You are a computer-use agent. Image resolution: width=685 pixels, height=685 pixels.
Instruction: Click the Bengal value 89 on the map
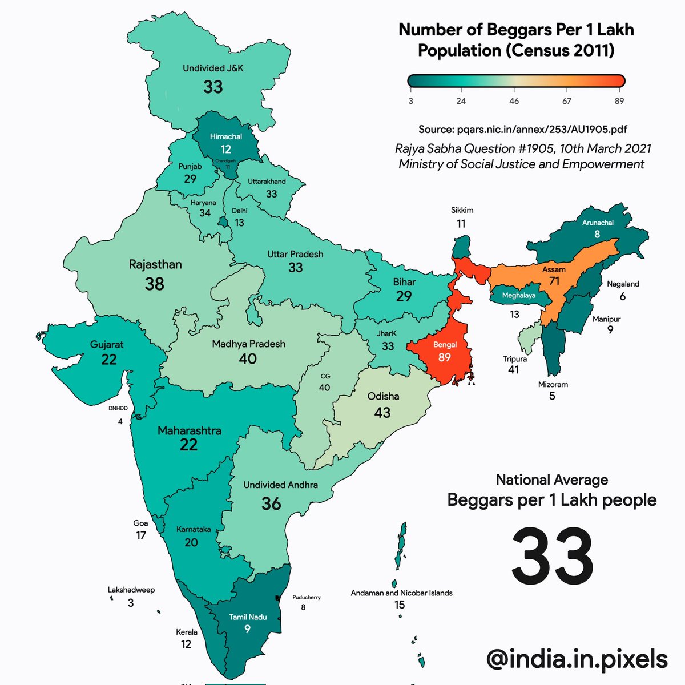(444, 357)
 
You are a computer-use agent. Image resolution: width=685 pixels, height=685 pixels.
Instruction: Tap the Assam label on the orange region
(554, 269)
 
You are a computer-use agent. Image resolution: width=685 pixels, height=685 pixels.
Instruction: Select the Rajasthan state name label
(155, 264)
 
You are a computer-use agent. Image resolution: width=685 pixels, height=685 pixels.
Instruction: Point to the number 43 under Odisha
(382, 412)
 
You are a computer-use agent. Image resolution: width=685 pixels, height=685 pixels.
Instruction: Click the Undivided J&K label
(213, 68)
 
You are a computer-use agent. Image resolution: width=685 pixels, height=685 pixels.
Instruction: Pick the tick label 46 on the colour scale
(514, 101)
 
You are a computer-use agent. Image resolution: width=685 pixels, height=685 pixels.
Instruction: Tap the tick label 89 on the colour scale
(619, 101)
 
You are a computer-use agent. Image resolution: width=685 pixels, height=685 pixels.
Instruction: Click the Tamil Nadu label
(248, 617)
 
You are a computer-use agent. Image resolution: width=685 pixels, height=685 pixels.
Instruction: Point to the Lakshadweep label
(131, 590)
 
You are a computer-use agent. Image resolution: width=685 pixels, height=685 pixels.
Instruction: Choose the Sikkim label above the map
(462, 210)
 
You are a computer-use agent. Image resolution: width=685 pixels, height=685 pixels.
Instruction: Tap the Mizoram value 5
(552, 396)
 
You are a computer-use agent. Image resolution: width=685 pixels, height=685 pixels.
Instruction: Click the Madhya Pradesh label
(248, 344)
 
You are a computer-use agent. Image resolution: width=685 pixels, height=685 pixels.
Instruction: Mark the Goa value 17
(141, 535)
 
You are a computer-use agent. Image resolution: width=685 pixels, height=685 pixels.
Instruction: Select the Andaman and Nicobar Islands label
(401, 593)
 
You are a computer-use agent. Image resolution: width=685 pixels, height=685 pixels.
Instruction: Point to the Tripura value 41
(514, 370)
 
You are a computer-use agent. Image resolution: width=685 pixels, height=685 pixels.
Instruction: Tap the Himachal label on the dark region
(226, 136)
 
